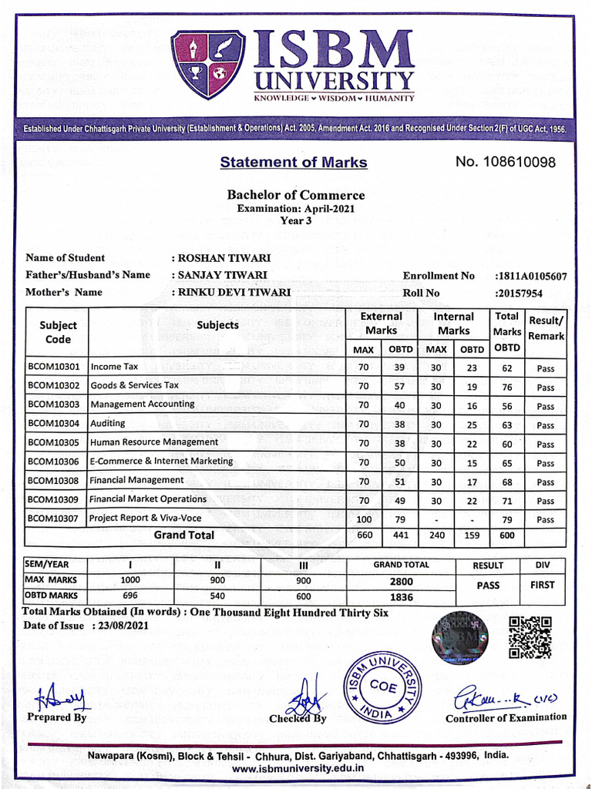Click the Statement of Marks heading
coord(293,163)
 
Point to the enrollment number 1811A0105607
coord(531,276)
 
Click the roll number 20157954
coord(519,293)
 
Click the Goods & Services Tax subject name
coord(135,385)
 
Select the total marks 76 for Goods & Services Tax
coord(506,387)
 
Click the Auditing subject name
coord(108,424)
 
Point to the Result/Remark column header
coord(546,328)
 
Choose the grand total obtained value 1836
coord(402,597)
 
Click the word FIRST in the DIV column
coord(542,586)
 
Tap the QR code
coord(530,636)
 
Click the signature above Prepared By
coord(62,698)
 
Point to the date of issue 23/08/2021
coord(124,626)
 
